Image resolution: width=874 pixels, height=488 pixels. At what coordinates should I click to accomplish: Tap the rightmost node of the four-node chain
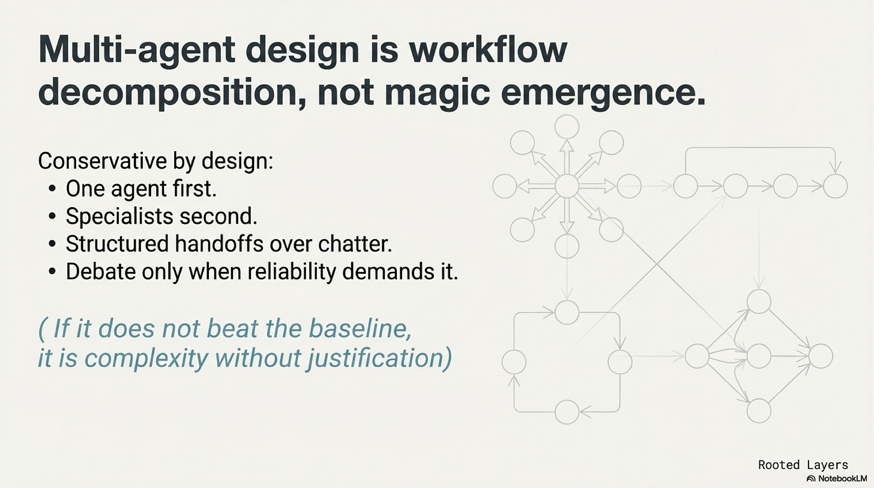(x=835, y=186)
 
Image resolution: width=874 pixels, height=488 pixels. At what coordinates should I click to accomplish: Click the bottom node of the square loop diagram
(x=567, y=412)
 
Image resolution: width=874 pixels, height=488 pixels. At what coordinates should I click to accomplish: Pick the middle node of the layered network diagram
(x=759, y=357)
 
